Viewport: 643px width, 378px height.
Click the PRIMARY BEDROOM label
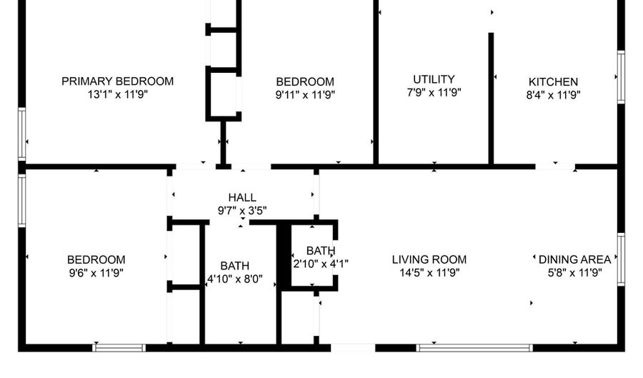117,81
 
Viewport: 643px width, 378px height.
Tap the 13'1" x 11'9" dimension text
117,94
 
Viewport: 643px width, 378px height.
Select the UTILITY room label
434,79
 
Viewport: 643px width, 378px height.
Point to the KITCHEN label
553,82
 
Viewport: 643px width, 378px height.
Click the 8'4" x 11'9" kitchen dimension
553,94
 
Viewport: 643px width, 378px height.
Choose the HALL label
242,198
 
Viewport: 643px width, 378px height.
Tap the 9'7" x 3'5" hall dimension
242,210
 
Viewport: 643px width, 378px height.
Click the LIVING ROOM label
429,259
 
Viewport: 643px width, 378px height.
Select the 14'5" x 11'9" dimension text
429,272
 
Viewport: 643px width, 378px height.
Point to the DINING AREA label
574,259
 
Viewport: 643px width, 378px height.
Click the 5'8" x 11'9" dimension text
574,272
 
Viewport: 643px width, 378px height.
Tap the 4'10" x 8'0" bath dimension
235,279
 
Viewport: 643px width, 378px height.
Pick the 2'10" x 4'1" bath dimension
321,263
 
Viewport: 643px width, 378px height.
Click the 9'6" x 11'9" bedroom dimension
96,272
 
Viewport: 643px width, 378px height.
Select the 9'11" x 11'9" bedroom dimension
305,94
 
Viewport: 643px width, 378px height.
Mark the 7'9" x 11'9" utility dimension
434,92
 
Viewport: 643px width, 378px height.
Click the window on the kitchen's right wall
621,77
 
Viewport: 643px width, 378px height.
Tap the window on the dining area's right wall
621,259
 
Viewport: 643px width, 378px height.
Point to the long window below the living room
474,348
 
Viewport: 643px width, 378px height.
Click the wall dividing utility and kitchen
491,99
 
